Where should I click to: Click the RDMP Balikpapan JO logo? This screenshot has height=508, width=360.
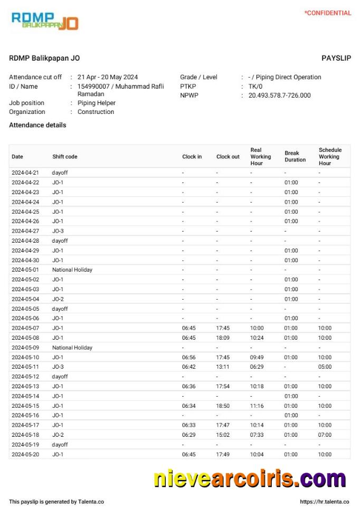(x=45, y=21)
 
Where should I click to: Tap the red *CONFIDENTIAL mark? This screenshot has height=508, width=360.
(x=327, y=13)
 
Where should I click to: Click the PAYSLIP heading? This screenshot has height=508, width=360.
(x=336, y=58)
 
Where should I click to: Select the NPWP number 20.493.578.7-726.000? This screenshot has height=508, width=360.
(x=279, y=95)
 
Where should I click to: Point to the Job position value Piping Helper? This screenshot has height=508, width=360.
(x=96, y=103)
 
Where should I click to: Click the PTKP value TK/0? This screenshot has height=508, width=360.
(x=255, y=87)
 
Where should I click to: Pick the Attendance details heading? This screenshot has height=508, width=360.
(x=37, y=126)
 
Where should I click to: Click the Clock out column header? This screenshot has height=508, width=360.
(x=228, y=157)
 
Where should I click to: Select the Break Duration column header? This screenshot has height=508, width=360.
(x=295, y=157)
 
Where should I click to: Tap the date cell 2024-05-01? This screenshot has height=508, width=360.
(x=25, y=270)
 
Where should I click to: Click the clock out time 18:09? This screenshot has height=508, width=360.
(x=223, y=338)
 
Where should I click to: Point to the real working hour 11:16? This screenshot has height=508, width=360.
(x=257, y=406)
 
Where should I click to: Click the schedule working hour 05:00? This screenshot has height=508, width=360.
(x=325, y=367)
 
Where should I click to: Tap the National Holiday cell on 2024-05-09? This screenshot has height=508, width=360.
(x=72, y=348)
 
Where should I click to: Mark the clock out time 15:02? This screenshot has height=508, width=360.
(x=223, y=435)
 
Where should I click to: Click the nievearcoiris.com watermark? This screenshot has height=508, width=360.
(x=250, y=478)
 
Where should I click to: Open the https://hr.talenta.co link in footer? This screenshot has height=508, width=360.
(x=325, y=502)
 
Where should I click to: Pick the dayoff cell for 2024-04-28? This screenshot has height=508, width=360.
(x=60, y=241)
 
